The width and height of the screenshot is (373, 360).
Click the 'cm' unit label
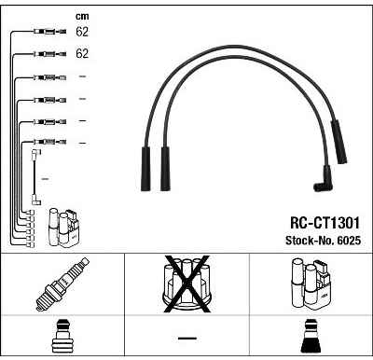tap(82, 16)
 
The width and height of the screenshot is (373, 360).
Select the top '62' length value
tap(82, 32)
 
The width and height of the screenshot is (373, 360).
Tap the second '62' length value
tap(82, 53)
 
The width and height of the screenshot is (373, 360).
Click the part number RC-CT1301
tap(325, 223)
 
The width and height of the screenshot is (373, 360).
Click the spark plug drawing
tap(62, 284)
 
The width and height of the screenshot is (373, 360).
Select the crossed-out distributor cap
tap(186, 284)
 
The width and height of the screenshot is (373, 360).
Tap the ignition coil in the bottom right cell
tap(311, 284)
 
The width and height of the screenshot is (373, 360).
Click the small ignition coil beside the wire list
tap(63, 228)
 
